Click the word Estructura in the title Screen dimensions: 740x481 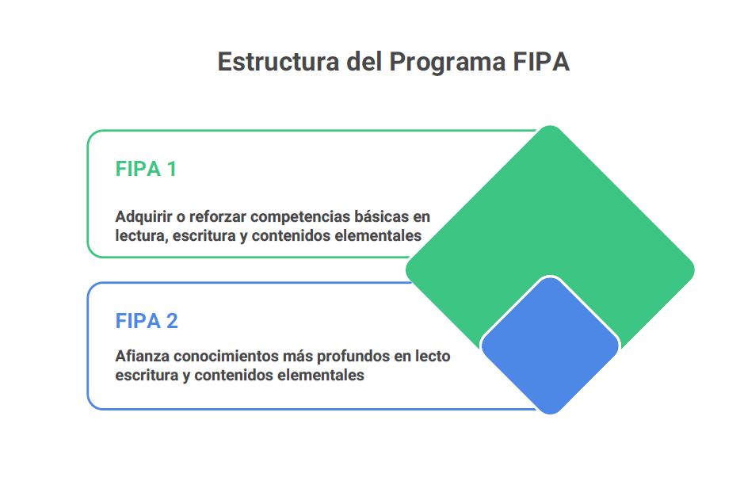(278, 62)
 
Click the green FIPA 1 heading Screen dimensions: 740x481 (146, 169)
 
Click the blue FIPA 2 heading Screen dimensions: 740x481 (147, 321)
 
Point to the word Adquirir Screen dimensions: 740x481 (143, 217)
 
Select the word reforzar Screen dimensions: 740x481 (218, 216)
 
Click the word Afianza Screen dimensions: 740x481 (142, 356)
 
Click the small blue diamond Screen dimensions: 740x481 (550, 345)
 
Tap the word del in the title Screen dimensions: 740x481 (364, 62)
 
